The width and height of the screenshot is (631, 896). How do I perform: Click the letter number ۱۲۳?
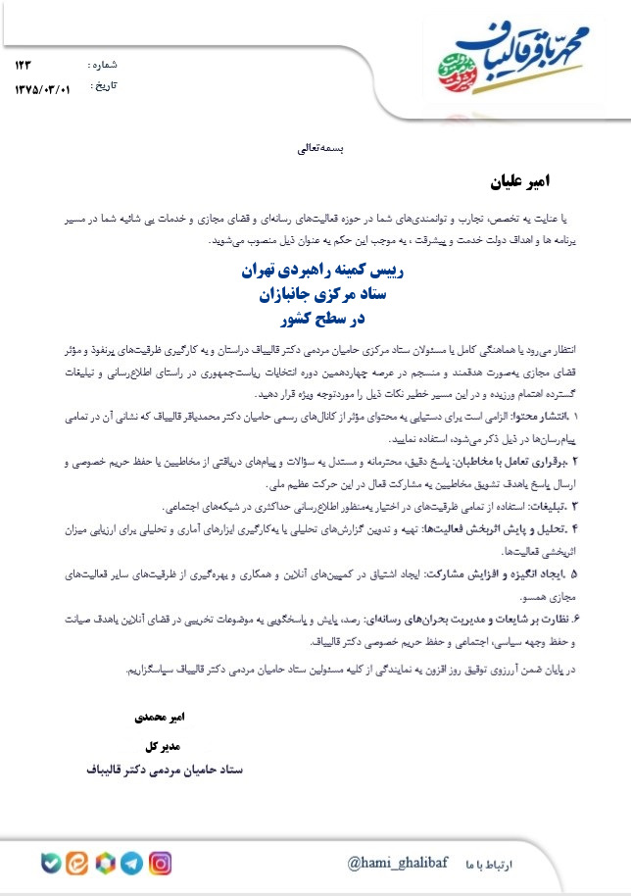[x=24, y=65]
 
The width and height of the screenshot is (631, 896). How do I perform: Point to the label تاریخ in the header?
[x=103, y=86]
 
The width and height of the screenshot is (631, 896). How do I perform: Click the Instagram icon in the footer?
[x=161, y=864]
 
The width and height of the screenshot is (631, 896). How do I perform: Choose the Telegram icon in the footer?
[x=132, y=864]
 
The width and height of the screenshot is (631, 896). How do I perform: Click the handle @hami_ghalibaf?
[x=397, y=863]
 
